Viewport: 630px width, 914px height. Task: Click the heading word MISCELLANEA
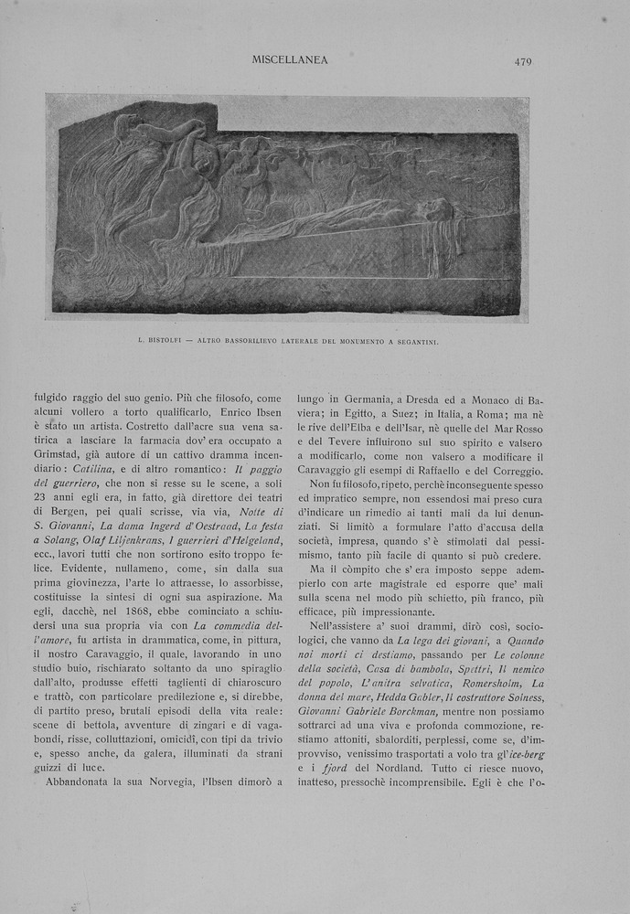point(290,60)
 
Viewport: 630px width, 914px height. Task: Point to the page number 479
point(523,62)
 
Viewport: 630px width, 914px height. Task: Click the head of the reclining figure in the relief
point(440,210)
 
